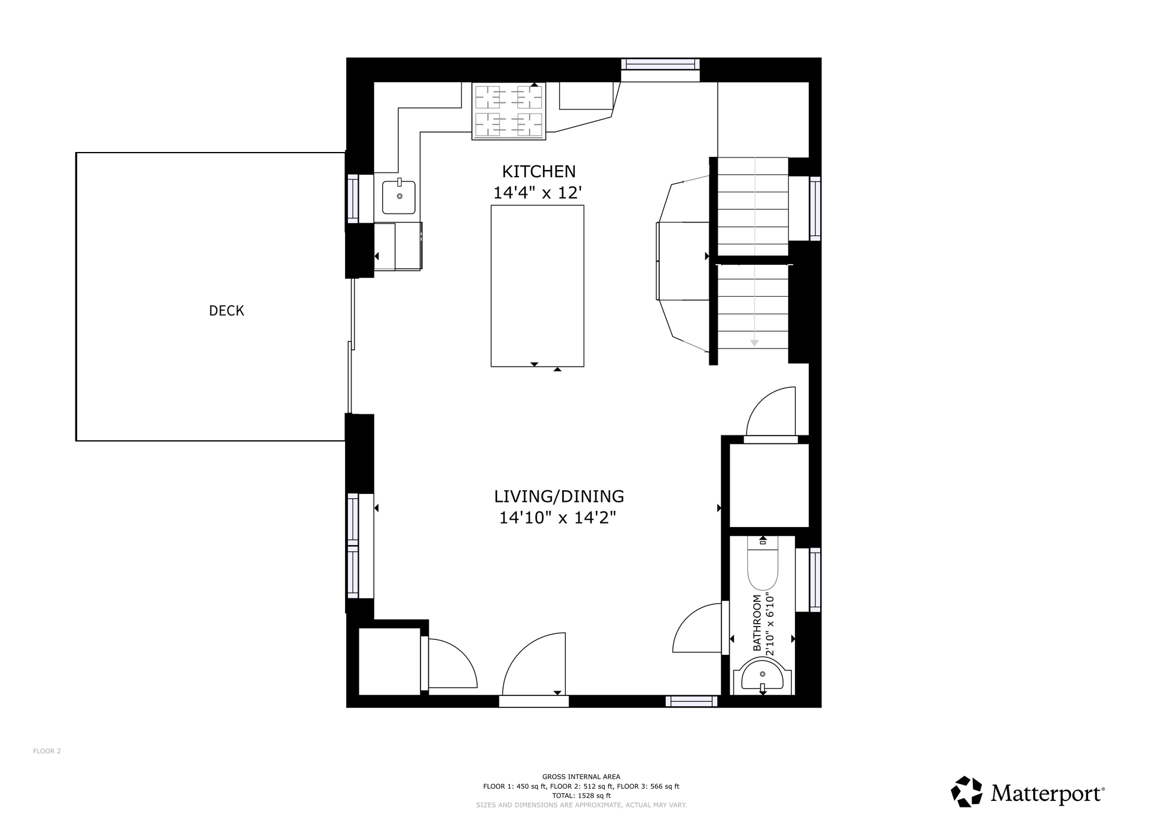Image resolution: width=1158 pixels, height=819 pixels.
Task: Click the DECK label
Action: pyautogui.click(x=226, y=311)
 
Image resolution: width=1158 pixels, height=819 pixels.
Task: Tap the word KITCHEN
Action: pyautogui.click(x=539, y=171)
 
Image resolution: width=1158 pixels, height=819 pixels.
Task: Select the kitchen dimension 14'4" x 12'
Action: pyautogui.click(x=537, y=193)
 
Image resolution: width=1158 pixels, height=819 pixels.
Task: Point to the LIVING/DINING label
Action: pyautogui.click(x=558, y=496)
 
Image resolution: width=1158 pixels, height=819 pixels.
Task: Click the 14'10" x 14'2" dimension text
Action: pyautogui.click(x=557, y=517)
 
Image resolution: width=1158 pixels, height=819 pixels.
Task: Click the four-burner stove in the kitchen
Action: pyautogui.click(x=508, y=111)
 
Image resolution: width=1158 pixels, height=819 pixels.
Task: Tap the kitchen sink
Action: pyautogui.click(x=399, y=197)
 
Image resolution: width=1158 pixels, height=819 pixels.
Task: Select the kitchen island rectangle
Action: pyautogui.click(x=537, y=286)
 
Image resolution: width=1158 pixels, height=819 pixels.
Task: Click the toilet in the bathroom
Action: pyautogui.click(x=762, y=563)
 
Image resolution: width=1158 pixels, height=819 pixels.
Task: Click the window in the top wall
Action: pyautogui.click(x=660, y=64)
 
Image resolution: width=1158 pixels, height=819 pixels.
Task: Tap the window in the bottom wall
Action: pyautogui.click(x=691, y=701)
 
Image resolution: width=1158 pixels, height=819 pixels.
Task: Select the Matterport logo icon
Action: pyautogui.click(x=967, y=792)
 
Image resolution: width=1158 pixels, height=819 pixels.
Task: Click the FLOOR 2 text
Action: pyautogui.click(x=47, y=751)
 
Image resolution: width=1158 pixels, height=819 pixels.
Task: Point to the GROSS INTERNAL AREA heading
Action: pyautogui.click(x=581, y=777)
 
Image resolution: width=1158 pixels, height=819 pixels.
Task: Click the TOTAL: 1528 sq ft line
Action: pyautogui.click(x=581, y=796)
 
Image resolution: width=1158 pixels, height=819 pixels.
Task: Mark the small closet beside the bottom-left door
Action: pyautogui.click(x=390, y=662)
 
